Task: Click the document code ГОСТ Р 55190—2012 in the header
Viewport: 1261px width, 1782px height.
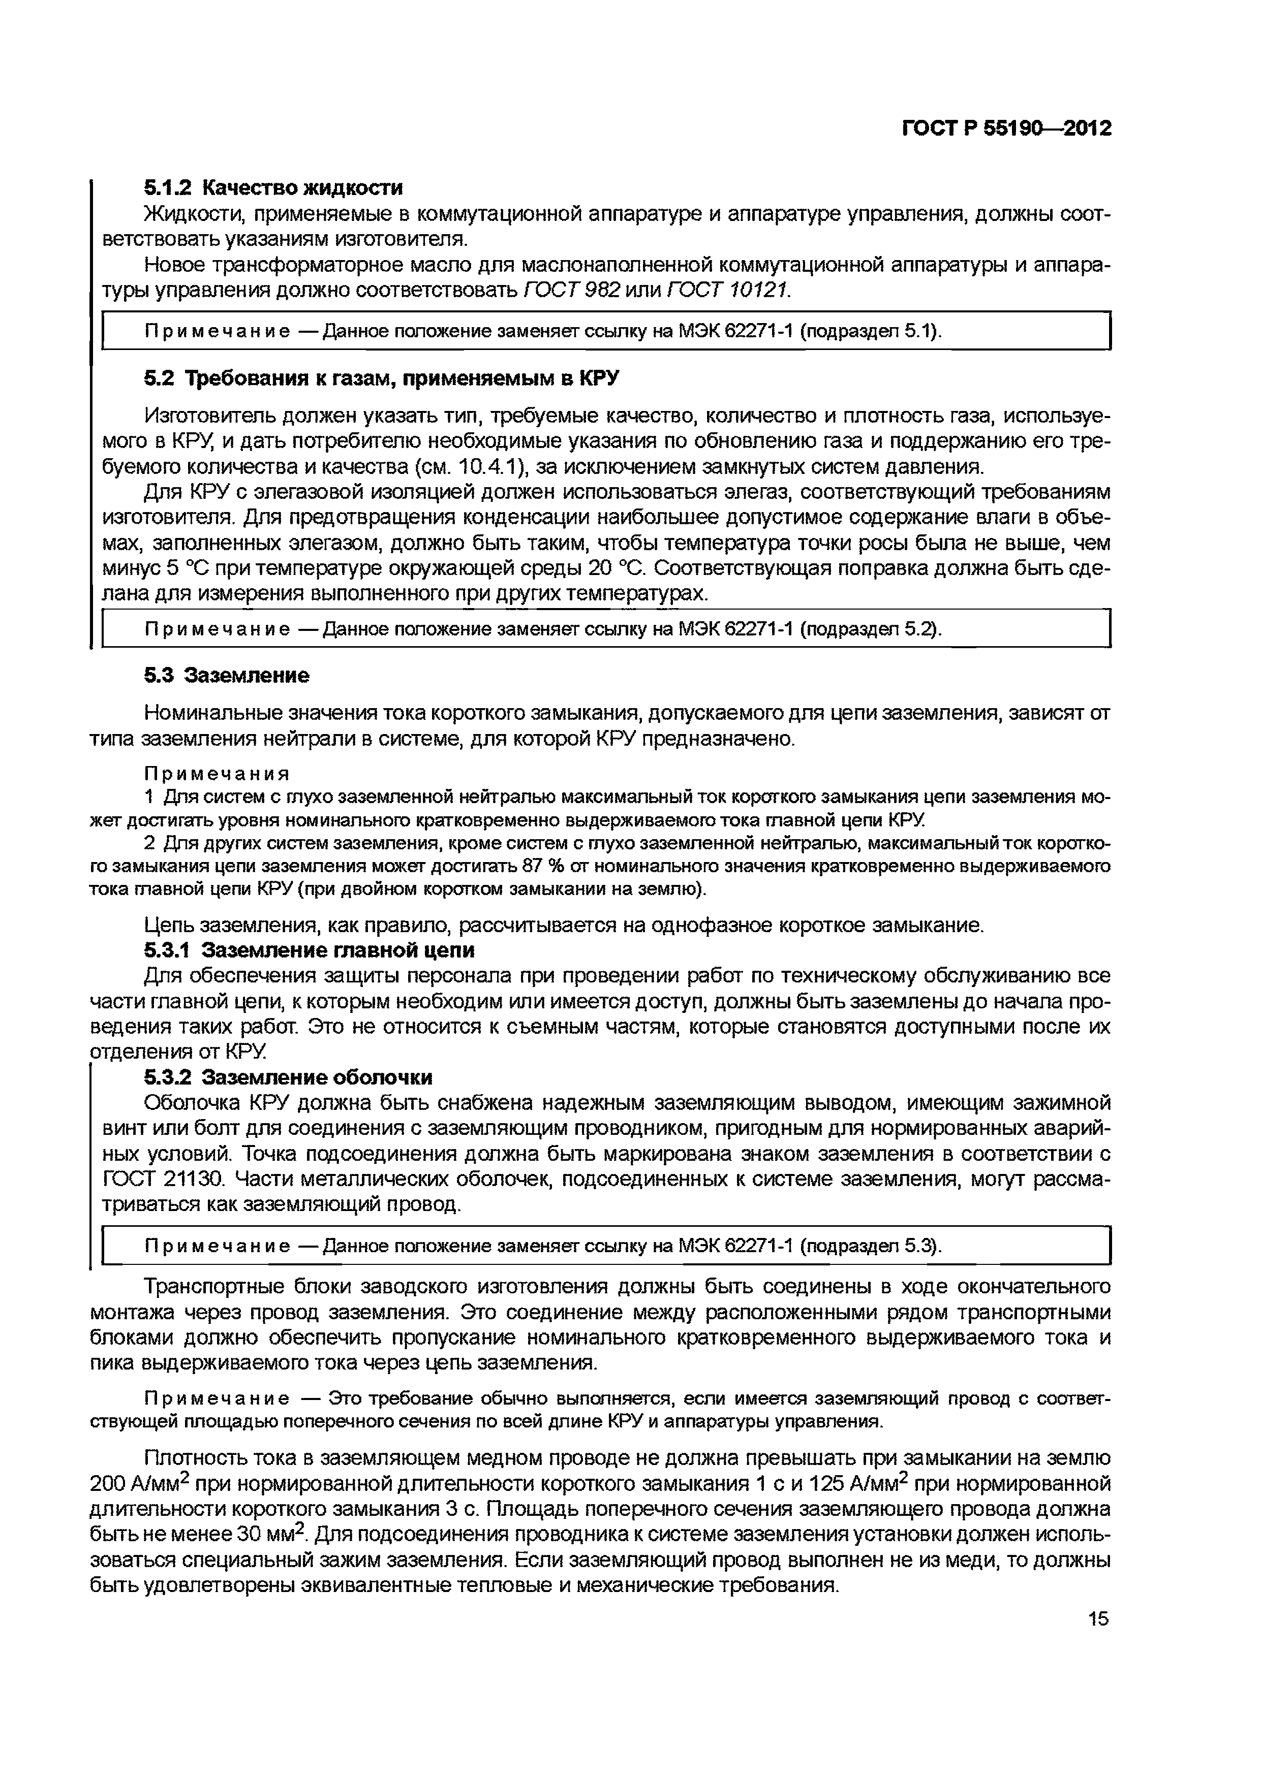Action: point(1006,128)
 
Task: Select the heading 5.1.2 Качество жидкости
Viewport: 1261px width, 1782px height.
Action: point(273,188)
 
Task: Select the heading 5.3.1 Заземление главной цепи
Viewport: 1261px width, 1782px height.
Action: point(309,950)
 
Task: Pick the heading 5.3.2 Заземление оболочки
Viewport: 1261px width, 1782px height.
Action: point(288,1077)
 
